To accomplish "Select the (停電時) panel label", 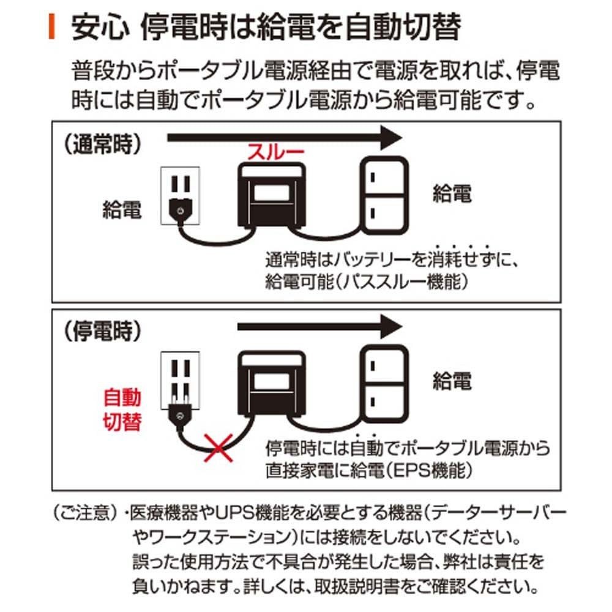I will [x=103, y=330].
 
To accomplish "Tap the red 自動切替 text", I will [x=122, y=410].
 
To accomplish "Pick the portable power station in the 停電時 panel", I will [x=274, y=386].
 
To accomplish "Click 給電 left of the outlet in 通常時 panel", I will [x=122, y=210].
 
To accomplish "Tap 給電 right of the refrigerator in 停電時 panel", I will [x=452, y=381].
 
